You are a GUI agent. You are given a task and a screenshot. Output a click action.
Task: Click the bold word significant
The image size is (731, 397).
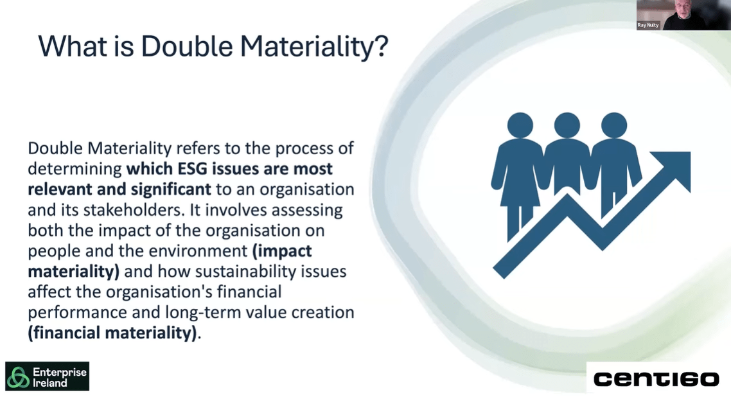171,190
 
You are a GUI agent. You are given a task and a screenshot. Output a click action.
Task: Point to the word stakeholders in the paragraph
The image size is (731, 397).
134,210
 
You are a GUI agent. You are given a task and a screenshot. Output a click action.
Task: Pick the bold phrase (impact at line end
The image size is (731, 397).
282,251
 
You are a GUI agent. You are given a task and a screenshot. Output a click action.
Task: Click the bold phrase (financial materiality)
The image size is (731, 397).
112,333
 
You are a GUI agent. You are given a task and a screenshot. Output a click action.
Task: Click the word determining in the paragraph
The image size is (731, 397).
75,169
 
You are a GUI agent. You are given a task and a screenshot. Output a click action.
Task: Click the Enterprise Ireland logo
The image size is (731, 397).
47,376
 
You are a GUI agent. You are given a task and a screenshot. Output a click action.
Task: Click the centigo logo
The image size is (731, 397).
656,379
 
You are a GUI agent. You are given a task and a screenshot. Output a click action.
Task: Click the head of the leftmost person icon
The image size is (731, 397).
520,125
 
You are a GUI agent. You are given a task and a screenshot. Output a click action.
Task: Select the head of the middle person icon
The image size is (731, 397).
567,125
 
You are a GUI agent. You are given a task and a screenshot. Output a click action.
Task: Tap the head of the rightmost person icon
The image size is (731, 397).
614,125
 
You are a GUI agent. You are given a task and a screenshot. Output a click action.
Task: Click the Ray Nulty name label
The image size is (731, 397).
648,25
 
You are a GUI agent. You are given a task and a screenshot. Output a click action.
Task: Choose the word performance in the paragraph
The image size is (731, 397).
77,313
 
